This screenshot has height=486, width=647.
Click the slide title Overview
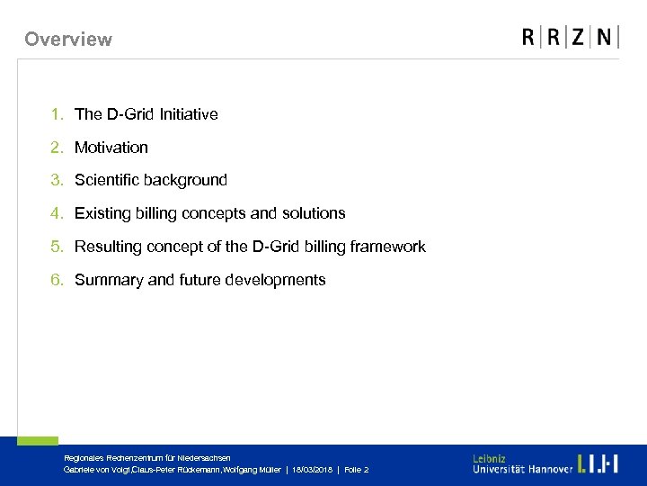68,39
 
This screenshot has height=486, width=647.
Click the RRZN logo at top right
570,37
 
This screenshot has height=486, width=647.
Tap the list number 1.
57,114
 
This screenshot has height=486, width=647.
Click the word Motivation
111,148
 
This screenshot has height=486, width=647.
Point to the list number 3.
57,180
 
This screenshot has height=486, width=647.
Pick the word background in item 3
187,180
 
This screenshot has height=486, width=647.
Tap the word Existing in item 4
102,213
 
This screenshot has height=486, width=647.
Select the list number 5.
57,247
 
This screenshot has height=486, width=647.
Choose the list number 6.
57,280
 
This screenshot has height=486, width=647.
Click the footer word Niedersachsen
208,458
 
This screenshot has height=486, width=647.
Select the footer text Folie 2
357,470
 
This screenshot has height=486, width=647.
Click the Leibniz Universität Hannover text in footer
521,464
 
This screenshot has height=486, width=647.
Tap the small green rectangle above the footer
38,441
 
